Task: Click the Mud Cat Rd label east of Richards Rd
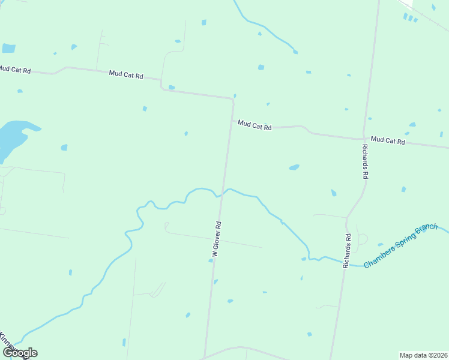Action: pos(388,141)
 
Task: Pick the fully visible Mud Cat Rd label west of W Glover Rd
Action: pos(126,75)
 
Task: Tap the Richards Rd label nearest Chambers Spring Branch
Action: pos(346,251)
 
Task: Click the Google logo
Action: pos(20,353)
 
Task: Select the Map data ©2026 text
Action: pos(423,355)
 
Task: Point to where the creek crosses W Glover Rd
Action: pos(221,194)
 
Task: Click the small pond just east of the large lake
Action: pos(64,148)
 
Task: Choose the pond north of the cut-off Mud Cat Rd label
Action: pos(8,48)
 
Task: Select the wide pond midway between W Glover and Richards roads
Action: pos(294,167)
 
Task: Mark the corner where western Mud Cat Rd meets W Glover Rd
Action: pos(232,99)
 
